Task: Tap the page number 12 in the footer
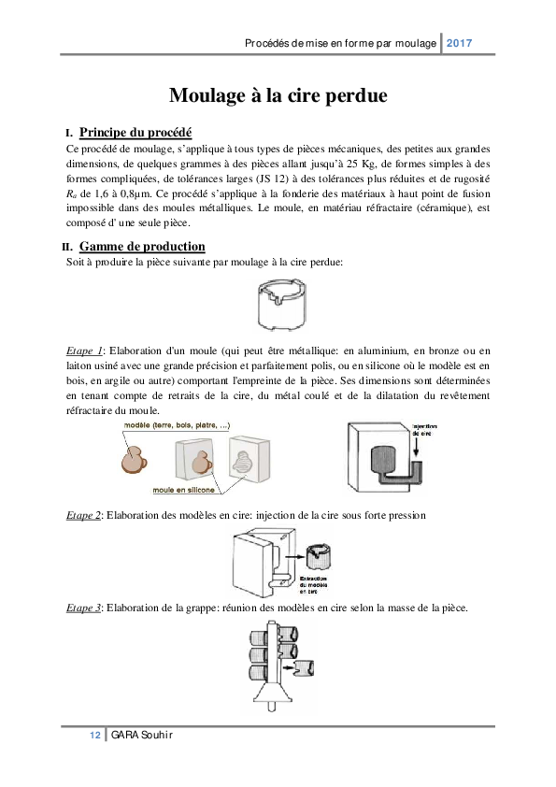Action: coord(94,736)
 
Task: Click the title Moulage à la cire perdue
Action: coord(278,95)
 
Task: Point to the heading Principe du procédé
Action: coord(135,132)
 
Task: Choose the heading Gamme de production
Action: coord(142,246)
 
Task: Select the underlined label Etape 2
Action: coord(83,515)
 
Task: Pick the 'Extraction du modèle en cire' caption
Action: coord(311,584)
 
